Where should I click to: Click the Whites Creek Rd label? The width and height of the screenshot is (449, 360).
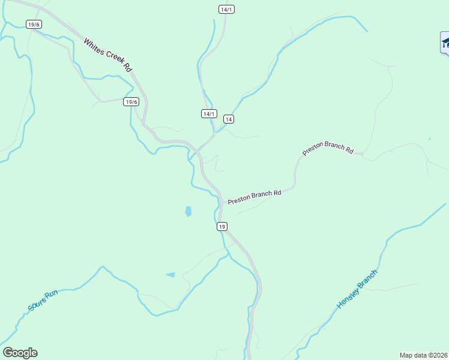[107, 56]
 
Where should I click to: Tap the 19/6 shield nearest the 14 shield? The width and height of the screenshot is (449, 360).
[131, 101]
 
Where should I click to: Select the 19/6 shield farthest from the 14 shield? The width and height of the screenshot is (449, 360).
[34, 24]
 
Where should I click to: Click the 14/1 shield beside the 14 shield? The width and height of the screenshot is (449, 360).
[208, 114]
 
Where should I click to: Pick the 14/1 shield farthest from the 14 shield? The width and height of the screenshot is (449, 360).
[226, 9]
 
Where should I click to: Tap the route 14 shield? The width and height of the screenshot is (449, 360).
[228, 119]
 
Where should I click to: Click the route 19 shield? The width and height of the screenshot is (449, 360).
[222, 226]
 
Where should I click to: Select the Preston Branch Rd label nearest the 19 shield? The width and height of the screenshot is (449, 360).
[255, 197]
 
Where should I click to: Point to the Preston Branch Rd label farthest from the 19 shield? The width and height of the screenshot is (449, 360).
[328, 148]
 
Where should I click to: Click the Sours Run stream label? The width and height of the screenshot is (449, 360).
[43, 301]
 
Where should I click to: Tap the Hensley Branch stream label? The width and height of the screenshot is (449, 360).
[357, 289]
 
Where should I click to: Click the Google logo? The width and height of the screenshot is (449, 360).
[20, 353]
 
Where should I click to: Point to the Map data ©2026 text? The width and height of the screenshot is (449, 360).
[424, 355]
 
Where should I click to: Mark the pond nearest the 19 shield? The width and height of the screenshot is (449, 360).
[188, 211]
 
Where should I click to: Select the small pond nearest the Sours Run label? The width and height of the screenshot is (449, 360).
[170, 275]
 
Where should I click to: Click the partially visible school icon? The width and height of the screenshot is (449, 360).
[445, 43]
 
